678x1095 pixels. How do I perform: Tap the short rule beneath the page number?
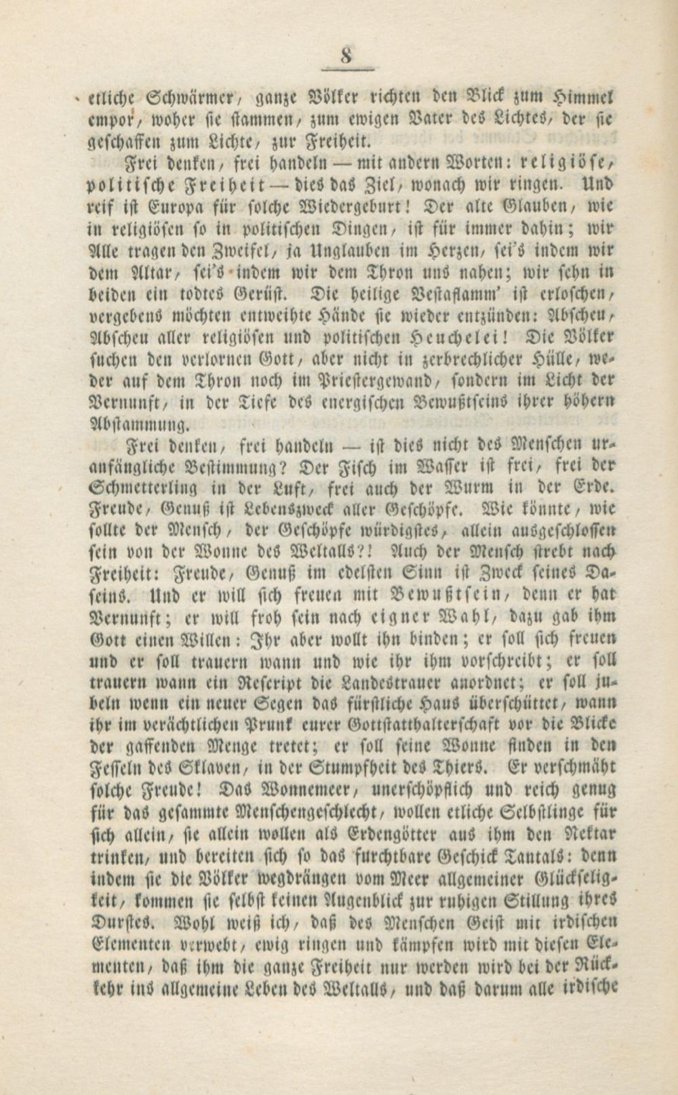pos(346,68)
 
